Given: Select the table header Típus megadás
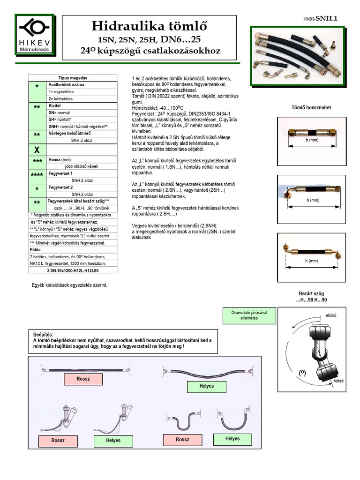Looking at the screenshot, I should pos(73,77).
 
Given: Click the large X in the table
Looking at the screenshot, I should pos(37,150).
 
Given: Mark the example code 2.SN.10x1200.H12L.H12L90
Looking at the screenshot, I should pos(73,270).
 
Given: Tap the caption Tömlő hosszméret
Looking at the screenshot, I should pos(312,107).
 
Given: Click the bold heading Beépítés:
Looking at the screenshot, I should pos(45,334).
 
